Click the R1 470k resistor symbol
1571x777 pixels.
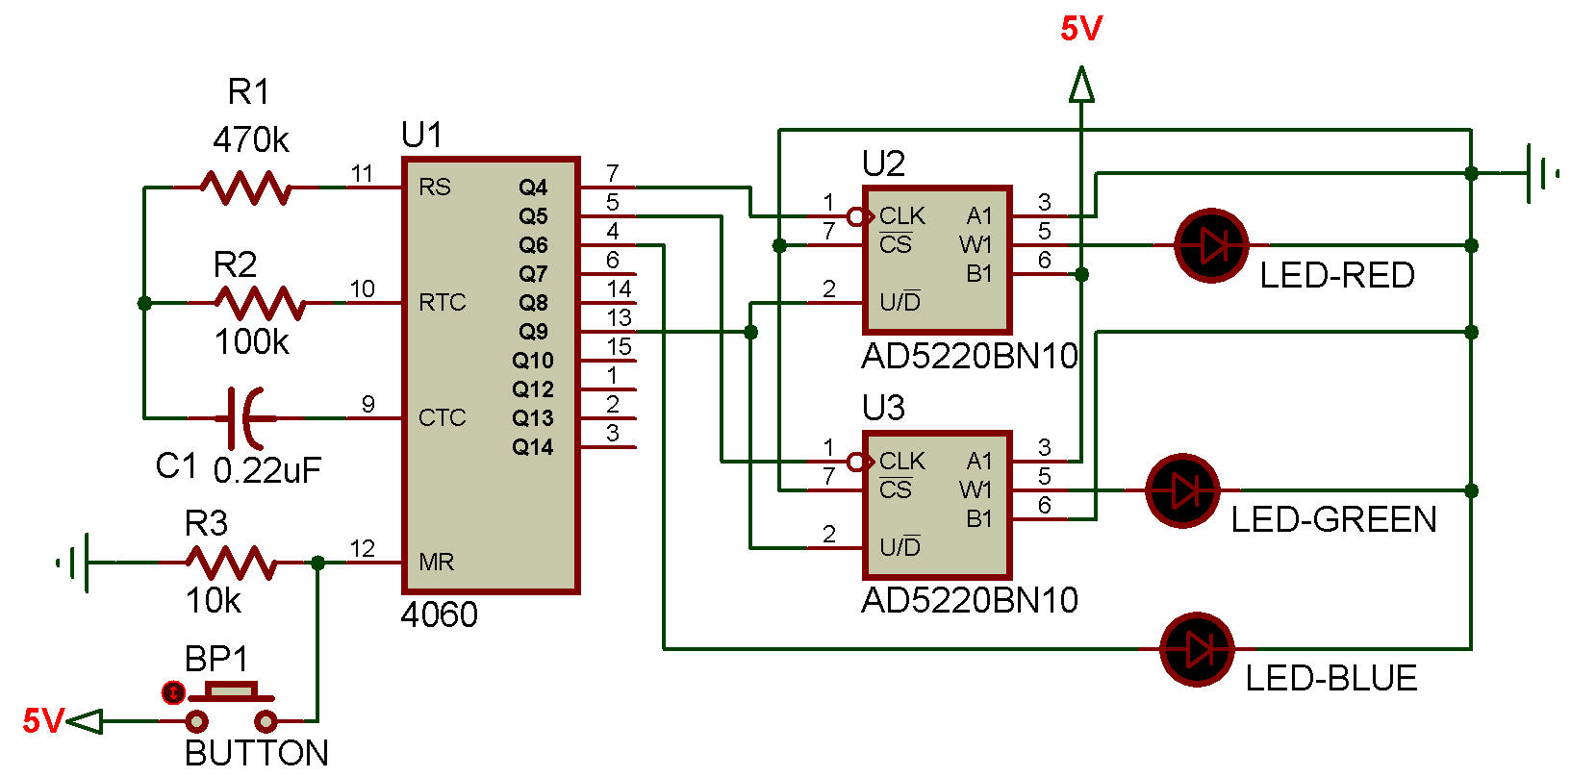(245, 188)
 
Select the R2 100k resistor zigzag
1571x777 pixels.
(260, 303)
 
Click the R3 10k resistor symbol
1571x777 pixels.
(231, 563)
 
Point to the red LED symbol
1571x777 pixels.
(1211, 246)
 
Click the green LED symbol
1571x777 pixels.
(1182, 491)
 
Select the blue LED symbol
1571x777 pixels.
(1197, 650)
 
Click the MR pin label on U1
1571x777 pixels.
(436, 563)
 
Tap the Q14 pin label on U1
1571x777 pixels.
(532, 447)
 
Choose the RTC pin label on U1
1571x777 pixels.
(442, 303)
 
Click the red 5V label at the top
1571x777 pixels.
(1081, 29)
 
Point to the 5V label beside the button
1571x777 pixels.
(43, 720)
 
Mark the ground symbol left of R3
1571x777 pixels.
(75, 563)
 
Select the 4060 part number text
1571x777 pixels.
(439, 614)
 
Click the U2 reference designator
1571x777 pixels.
(883, 164)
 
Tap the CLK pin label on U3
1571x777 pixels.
(901, 462)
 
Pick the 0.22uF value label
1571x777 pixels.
(266, 470)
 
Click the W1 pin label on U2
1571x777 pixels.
(976, 245)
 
